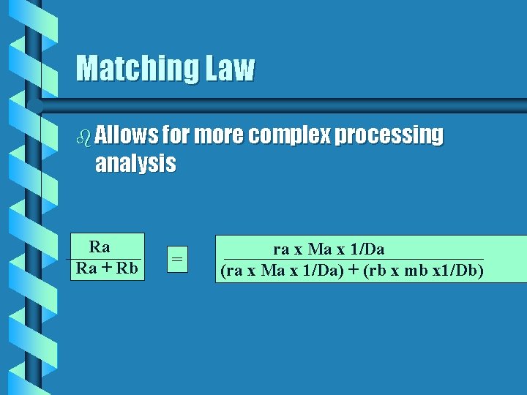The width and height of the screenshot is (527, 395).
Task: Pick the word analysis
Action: [135, 163]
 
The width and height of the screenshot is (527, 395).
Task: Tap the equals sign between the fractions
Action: [176, 258]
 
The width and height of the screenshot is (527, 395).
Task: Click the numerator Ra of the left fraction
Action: [99, 247]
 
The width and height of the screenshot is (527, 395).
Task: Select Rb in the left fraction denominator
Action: [127, 268]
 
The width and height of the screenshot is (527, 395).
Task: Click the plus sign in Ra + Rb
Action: [107, 268]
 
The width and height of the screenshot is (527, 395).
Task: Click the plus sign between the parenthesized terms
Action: [354, 271]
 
